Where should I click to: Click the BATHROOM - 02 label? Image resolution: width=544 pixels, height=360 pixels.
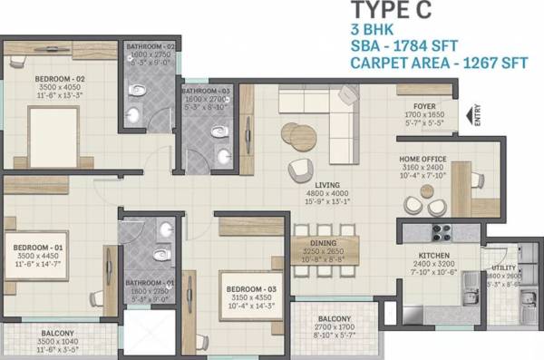coord(151,46)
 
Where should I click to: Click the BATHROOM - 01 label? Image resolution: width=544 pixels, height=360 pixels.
coord(151,283)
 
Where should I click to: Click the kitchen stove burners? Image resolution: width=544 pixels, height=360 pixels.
coord(442,231)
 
